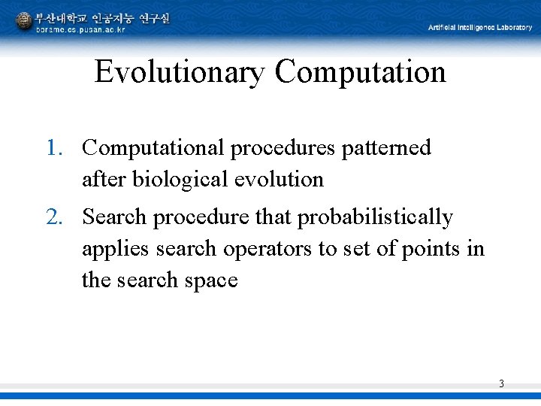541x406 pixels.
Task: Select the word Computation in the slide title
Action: point(360,73)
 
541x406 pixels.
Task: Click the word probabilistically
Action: point(376,217)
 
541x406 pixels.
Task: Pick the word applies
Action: point(106,250)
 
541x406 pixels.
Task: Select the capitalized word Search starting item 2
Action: point(115,217)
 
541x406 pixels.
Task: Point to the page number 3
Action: point(501,384)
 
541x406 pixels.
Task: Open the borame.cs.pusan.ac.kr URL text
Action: point(80,29)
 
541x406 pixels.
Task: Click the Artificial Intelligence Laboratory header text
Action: point(479,28)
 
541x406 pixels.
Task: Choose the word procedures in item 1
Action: point(283,149)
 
